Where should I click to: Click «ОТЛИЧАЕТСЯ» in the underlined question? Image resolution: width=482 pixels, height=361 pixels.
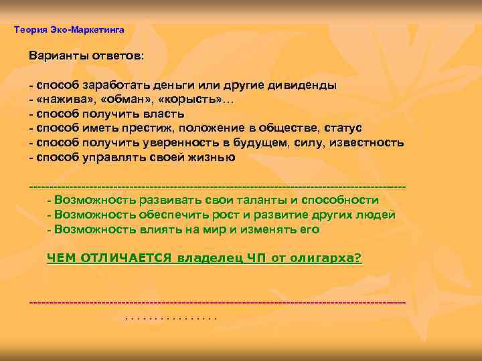125,258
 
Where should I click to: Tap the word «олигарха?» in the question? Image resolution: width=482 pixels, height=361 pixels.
327,258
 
